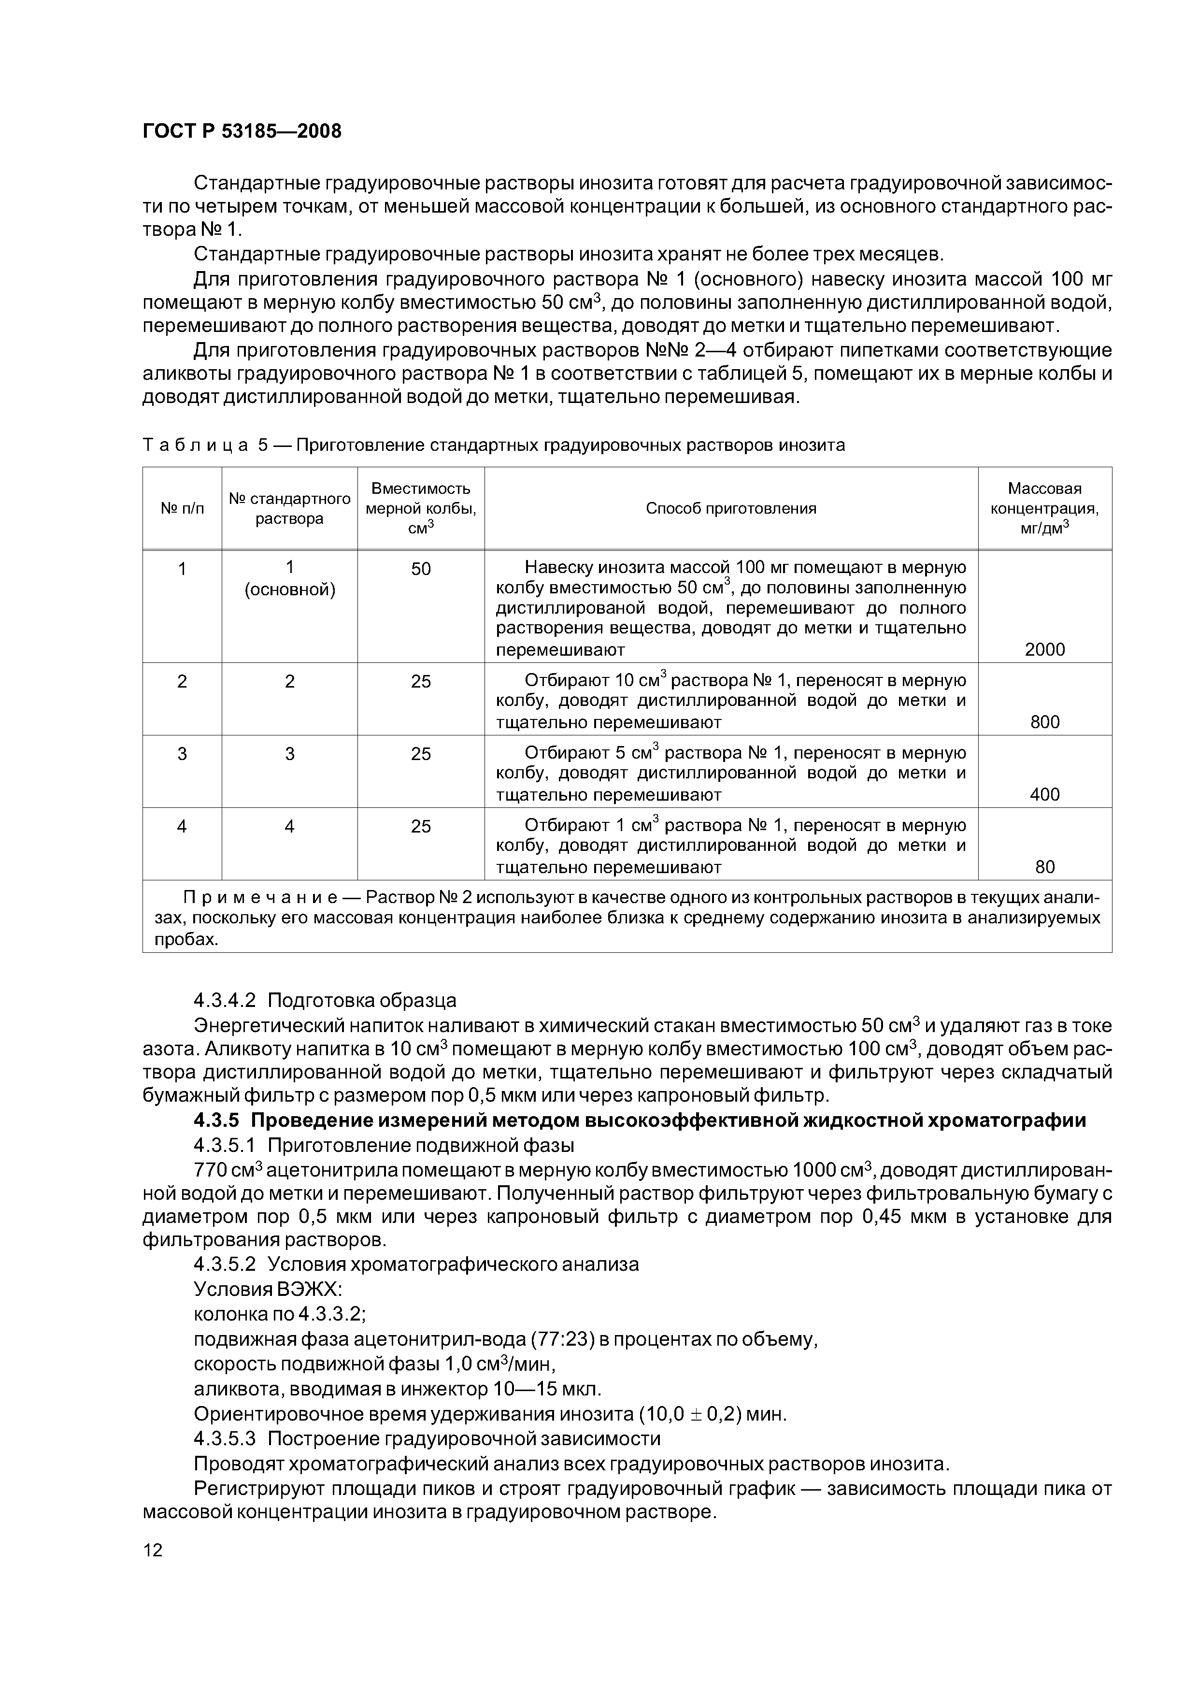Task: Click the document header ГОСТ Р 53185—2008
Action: click(x=242, y=131)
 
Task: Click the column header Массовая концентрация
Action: click(x=1044, y=508)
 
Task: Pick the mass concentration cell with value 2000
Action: click(x=1044, y=650)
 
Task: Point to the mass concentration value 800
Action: click(x=1044, y=722)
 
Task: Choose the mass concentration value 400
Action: click(x=1044, y=794)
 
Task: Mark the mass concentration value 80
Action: click(x=1044, y=867)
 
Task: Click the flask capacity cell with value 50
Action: click(x=421, y=569)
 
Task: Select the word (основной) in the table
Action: click(x=289, y=590)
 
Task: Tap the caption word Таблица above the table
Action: click(x=193, y=445)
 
